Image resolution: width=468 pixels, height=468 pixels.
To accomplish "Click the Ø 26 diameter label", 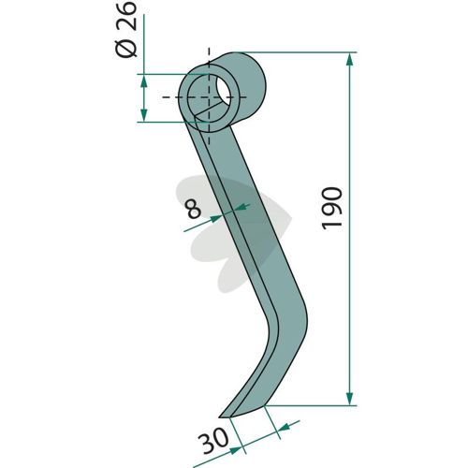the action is pyautogui.click(x=127, y=29).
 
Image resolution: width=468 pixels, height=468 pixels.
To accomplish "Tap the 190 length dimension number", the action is pyautogui.click(x=332, y=209).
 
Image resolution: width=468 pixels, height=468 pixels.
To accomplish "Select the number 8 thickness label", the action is pyautogui.click(x=194, y=209).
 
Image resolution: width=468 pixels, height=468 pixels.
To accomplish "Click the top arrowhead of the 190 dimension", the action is pyautogui.click(x=350, y=60).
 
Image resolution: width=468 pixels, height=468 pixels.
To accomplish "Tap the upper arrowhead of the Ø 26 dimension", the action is pyautogui.click(x=143, y=81).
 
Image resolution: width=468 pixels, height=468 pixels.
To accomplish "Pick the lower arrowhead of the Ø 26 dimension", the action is pyautogui.click(x=143, y=115).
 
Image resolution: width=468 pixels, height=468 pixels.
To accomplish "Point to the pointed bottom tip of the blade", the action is pyautogui.click(x=219, y=417).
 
